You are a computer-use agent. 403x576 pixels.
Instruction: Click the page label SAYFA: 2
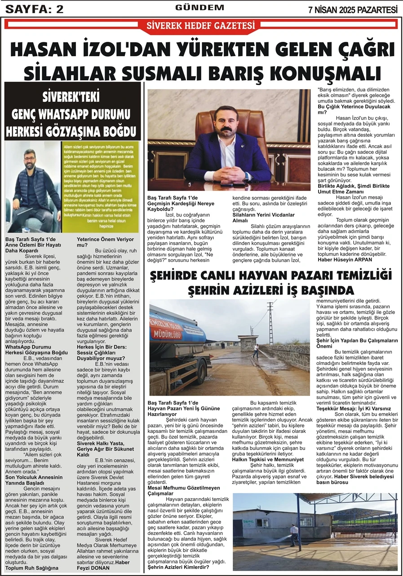[x=34, y=9]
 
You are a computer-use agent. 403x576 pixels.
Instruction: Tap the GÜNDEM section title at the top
[x=199, y=8]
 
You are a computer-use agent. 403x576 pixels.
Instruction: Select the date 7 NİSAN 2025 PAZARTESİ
[x=353, y=9]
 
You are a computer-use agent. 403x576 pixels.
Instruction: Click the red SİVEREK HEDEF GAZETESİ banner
[x=201, y=26]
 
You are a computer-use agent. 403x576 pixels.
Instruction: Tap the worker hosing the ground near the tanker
[x=256, y=351]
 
